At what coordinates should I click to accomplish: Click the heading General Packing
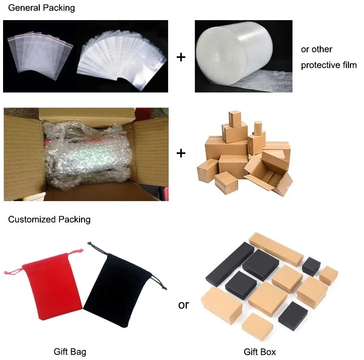(42, 8)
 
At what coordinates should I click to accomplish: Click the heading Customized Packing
(49, 219)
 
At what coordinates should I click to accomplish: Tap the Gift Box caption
(260, 351)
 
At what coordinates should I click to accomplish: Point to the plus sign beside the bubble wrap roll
(181, 57)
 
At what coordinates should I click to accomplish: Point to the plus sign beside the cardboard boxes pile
(181, 153)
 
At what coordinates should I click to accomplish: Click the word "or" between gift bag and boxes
(184, 305)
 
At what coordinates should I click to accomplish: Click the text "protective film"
(329, 65)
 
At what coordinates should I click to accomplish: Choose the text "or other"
(317, 49)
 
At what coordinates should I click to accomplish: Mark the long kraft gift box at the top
(276, 248)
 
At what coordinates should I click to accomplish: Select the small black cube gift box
(312, 266)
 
